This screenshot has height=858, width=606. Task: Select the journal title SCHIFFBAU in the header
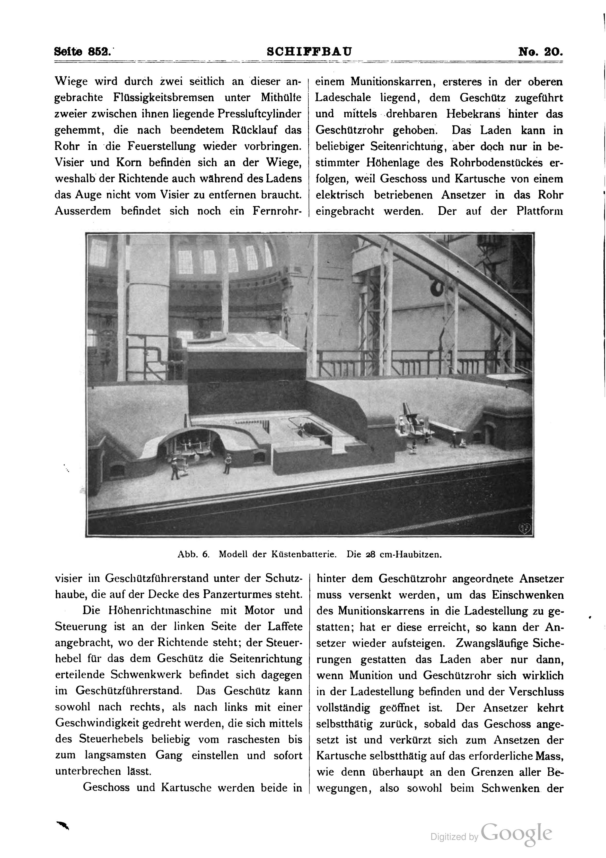tap(309, 51)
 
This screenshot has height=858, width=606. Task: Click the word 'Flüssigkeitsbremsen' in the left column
tap(164, 98)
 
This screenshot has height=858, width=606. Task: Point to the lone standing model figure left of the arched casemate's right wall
tap(227, 463)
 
